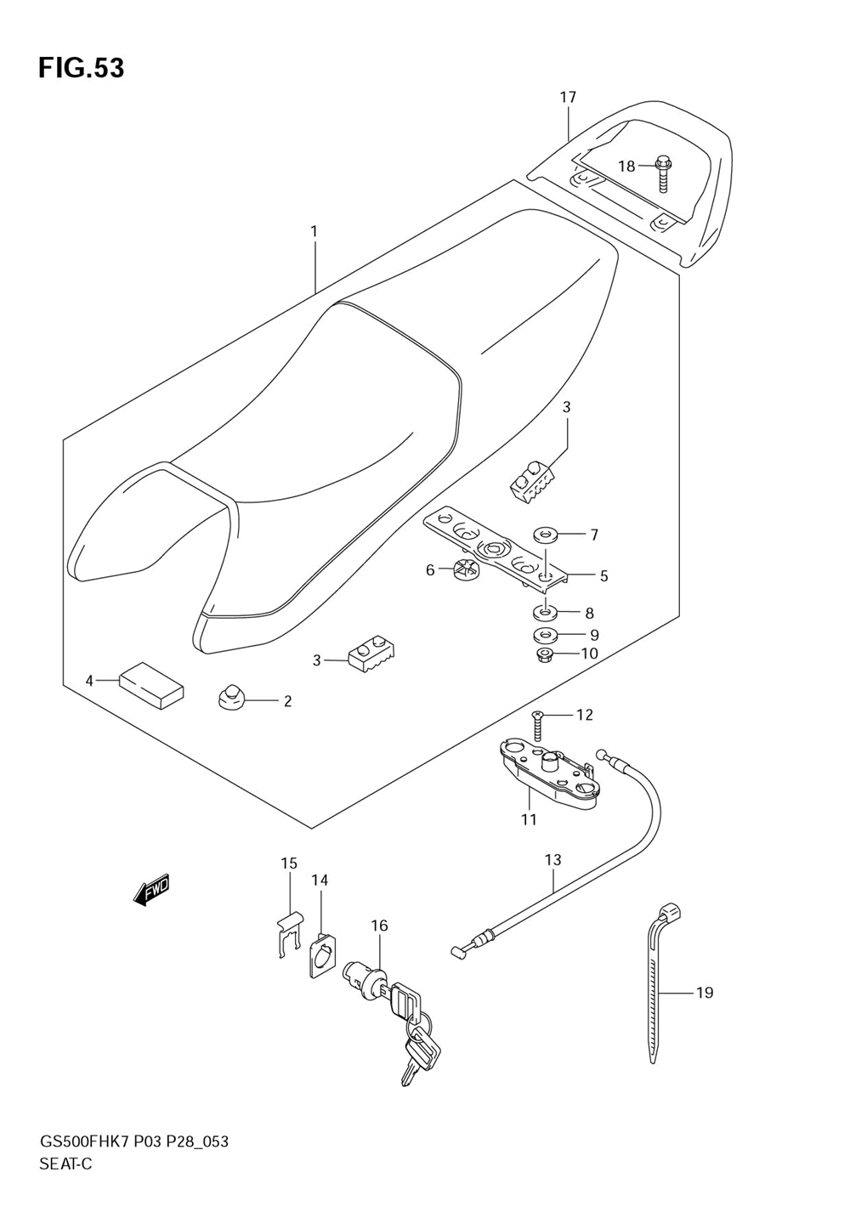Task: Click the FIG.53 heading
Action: (81, 68)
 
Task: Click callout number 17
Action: (568, 98)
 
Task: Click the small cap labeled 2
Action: (229, 700)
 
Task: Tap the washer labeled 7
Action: (544, 535)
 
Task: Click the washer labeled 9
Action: (544, 634)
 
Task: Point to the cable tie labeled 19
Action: (658, 986)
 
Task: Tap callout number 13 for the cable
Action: (552, 860)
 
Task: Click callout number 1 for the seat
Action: (314, 231)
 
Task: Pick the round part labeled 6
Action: (467, 570)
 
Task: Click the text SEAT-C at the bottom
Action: (65, 1164)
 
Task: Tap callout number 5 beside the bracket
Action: (603, 576)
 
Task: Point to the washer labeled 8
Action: (544, 611)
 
